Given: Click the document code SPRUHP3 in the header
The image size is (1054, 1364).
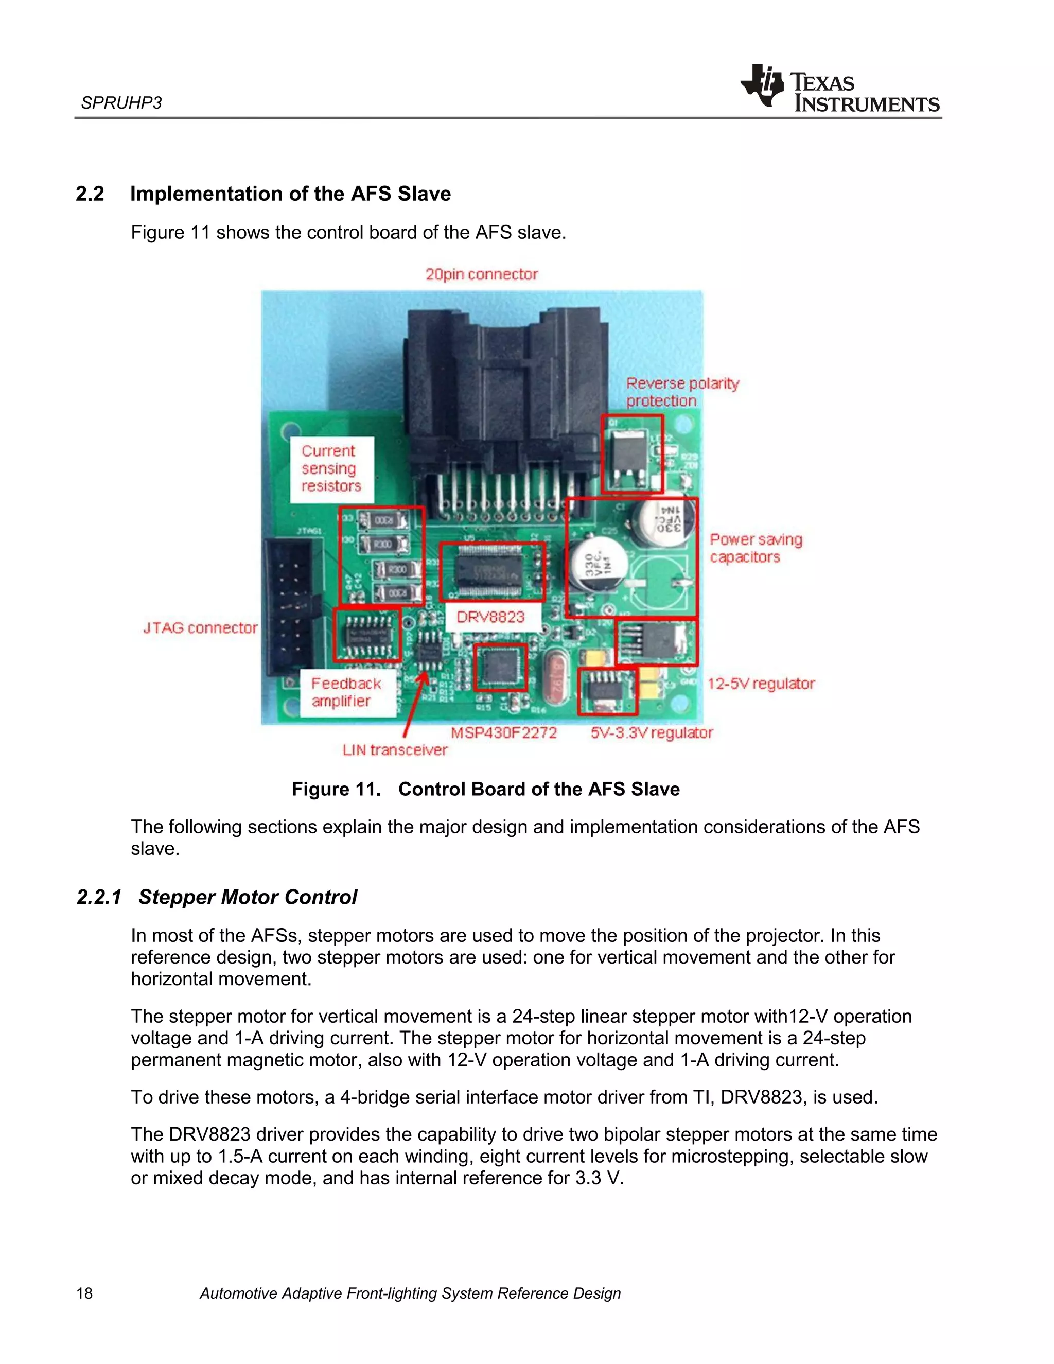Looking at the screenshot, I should click(x=121, y=103).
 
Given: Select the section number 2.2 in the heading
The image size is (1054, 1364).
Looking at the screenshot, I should click(x=90, y=194).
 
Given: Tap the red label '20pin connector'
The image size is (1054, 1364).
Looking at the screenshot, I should click(x=481, y=274).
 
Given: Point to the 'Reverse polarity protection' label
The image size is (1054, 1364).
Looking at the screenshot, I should click(x=682, y=392).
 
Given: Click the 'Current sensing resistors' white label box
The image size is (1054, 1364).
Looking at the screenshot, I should click(x=331, y=468).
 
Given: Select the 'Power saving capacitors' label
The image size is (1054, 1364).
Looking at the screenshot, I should click(x=756, y=548).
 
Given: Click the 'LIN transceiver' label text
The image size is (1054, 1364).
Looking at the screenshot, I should click(x=395, y=750).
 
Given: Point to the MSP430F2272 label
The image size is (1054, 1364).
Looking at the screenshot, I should click(x=503, y=732).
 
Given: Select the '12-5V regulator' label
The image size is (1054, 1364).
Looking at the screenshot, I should click(x=761, y=684).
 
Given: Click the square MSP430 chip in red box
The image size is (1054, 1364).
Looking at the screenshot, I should click(x=500, y=667).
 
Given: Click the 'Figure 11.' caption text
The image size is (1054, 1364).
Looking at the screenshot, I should click(x=336, y=790).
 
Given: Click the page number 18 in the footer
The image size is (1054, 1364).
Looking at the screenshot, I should click(x=84, y=1293).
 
